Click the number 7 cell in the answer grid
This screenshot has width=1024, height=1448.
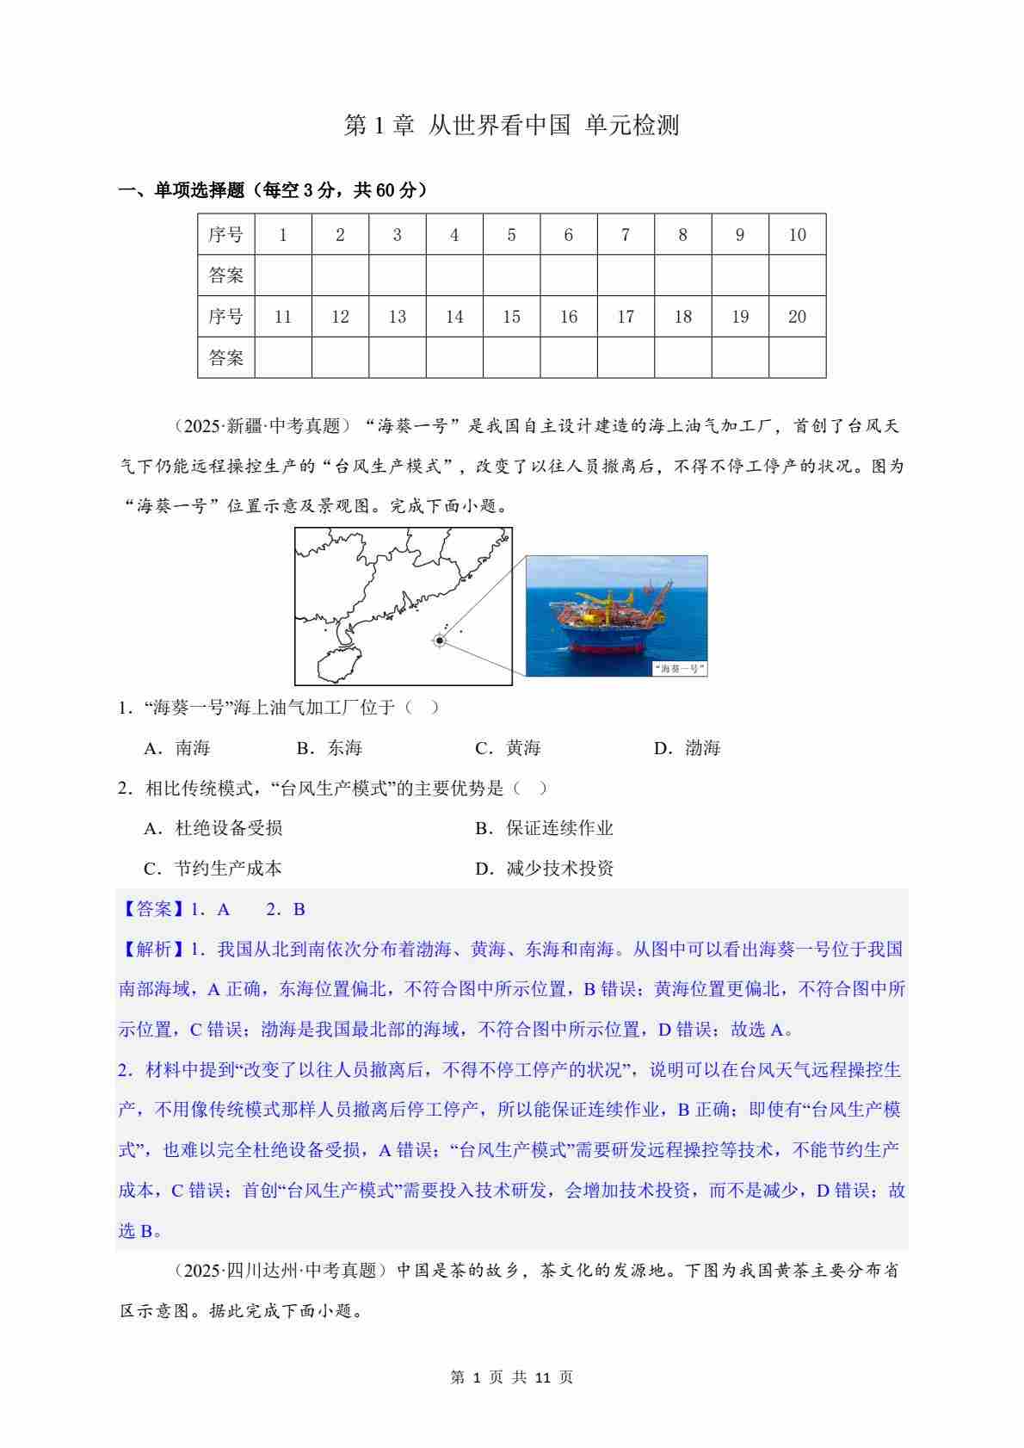[626, 235]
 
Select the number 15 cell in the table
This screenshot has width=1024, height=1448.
[511, 317]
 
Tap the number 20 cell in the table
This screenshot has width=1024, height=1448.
[797, 317]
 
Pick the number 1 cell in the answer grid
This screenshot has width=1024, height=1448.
[283, 235]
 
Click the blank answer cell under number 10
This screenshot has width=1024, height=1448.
[797, 275]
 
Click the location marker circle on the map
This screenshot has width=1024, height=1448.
[440, 640]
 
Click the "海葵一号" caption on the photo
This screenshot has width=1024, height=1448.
[679, 668]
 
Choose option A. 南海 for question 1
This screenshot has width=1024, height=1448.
[178, 748]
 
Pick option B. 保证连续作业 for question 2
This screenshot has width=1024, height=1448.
[544, 828]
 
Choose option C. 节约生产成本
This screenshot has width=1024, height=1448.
[213, 869]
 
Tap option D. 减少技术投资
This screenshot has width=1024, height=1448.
[544, 869]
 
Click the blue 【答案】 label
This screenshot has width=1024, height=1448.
[151, 909]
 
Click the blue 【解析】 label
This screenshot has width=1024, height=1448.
[151, 950]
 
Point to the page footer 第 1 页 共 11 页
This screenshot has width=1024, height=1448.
[512, 1377]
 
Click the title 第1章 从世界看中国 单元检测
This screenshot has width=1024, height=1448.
[512, 126]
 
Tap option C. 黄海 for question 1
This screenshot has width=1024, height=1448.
[508, 748]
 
